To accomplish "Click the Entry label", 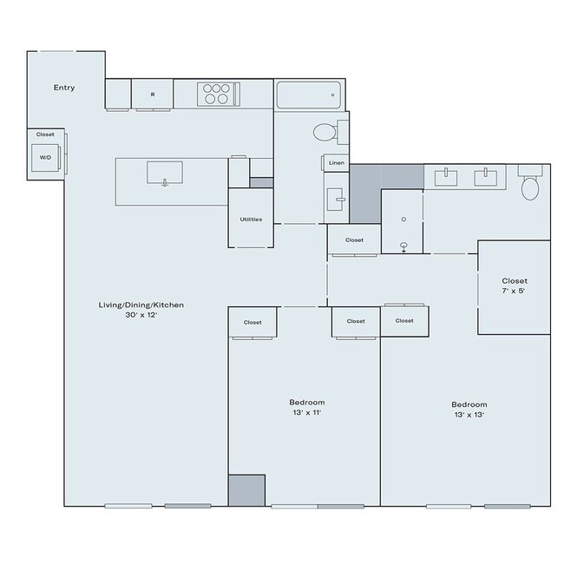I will point(64,88).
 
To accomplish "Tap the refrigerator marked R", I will point(153,95).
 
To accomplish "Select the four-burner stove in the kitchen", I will point(217,93).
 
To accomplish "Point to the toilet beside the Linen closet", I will point(326,133).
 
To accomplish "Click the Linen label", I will point(337,162).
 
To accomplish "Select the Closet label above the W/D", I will point(45,134).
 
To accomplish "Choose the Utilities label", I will point(251,219).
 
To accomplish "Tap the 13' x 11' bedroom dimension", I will point(307,414).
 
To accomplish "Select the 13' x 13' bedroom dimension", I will point(469,415).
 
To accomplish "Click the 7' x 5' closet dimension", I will point(515,292).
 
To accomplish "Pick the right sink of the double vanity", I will point(486,177).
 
